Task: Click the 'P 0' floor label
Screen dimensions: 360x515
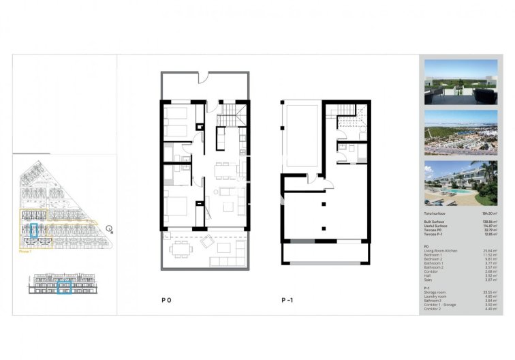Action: point(166,299)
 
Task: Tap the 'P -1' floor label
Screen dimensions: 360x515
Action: point(287,299)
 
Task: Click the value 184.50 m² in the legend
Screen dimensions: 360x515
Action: point(488,213)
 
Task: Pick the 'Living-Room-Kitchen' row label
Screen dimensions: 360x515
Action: point(439,250)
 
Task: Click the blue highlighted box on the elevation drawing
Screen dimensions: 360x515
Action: point(64,288)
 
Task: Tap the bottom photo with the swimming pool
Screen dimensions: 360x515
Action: point(460,183)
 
